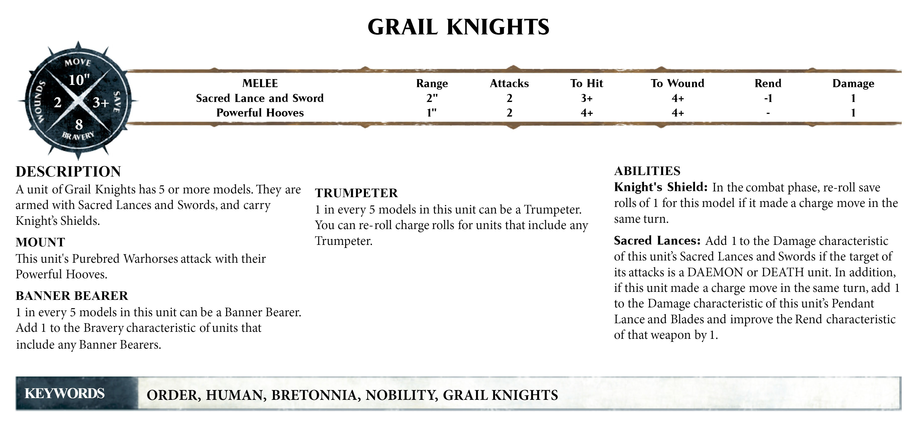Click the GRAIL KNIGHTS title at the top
(458, 27)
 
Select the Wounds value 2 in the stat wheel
(57, 103)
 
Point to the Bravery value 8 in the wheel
(79, 124)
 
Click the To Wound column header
(677, 83)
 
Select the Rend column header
(768, 83)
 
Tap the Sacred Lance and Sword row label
(260, 98)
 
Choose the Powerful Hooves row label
(260, 113)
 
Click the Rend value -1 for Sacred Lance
(768, 98)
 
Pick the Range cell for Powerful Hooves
(432, 113)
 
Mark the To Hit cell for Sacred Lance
(587, 98)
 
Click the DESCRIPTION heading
(68, 172)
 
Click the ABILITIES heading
(647, 171)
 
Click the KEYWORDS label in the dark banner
(65, 394)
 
